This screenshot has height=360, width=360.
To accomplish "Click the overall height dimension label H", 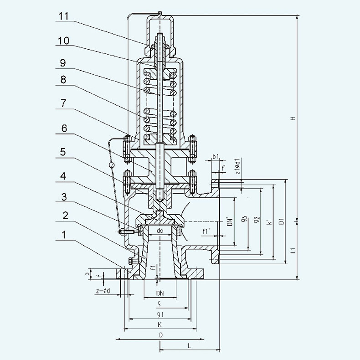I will tap(294, 118).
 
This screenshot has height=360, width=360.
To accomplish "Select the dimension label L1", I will tap(294, 250).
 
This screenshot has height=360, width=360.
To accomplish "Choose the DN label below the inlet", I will tap(159, 293).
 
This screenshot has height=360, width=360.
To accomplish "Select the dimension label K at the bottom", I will tap(159, 324).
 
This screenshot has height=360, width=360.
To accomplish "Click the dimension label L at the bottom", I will tap(189, 346).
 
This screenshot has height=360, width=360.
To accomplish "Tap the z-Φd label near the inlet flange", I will tap(103, 291).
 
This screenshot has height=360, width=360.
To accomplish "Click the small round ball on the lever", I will tap(111, 164).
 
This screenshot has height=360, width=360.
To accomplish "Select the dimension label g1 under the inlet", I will tap(159, 314).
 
